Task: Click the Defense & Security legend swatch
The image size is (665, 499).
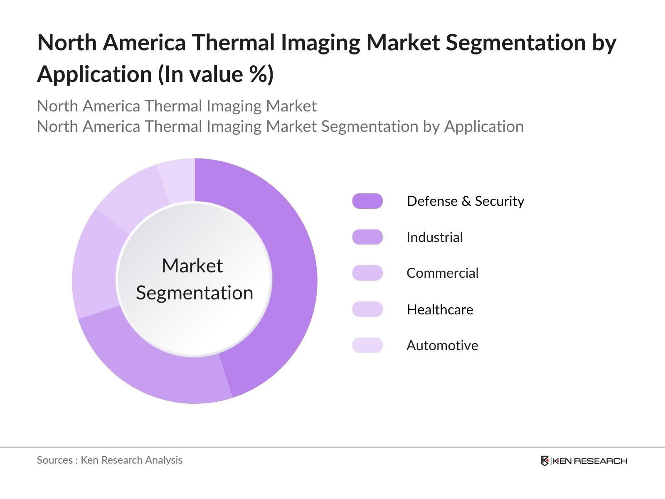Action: pyautogui.click(x=367, y=201)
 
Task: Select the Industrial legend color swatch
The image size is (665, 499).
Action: pyautogui.click(x=367, y=237)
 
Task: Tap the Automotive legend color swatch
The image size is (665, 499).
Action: pyautogui.click(x=367, y=345)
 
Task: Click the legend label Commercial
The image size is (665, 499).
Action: pyautogui.click(x=442, y=273)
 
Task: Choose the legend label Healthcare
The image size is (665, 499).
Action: pyautogui.click(x=440, y=309)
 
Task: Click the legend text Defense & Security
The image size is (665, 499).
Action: pyautogui.click(x=465, y=201)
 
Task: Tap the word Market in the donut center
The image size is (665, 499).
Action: pyautogui.click(x=192, y=266)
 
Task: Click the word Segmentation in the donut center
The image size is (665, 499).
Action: pyautogui.click(x=195, y=293)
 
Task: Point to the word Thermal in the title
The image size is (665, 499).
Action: pyautogui.click(x=236, y=42)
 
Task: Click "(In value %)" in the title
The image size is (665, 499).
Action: pyautogui.click(x=215, y=74)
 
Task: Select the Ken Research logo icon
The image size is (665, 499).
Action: pyautogui.click(x=544, y=461)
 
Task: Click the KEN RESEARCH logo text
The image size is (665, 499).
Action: pyautogui.click(x=590, y=461)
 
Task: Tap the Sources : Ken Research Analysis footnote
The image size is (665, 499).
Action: pyautogui.click(x=109, y=460)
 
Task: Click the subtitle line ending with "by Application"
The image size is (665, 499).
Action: pyautogui.click(x=280, y=126)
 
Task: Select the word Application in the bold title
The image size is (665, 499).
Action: pyautogui.click(x=94, y=74)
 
